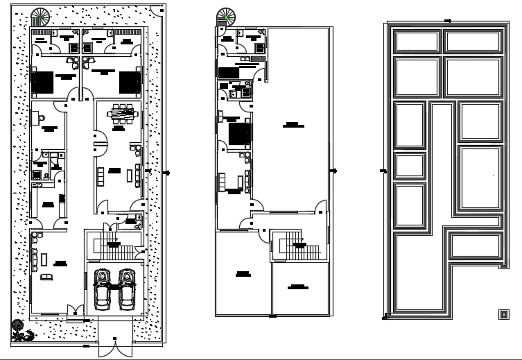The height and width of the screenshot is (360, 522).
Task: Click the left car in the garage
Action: click(x=102, y=289)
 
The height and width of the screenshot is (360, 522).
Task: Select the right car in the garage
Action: click(x=126, y=289)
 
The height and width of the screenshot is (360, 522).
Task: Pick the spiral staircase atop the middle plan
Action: click(x=225, y=16)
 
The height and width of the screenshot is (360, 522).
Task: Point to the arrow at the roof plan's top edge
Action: click(x=447, y=21)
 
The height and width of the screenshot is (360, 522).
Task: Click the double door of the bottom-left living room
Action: click(x=75, y=314)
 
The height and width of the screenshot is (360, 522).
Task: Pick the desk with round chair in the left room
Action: click(x=37, y=119)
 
